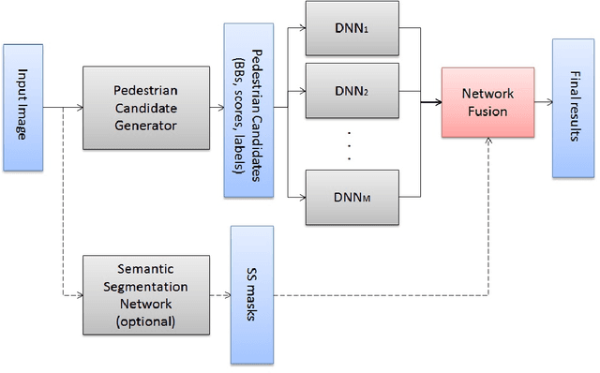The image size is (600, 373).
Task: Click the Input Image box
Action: (23, 106)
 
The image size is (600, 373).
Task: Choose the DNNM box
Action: (351, 198)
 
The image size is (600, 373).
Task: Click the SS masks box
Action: (252, 294)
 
